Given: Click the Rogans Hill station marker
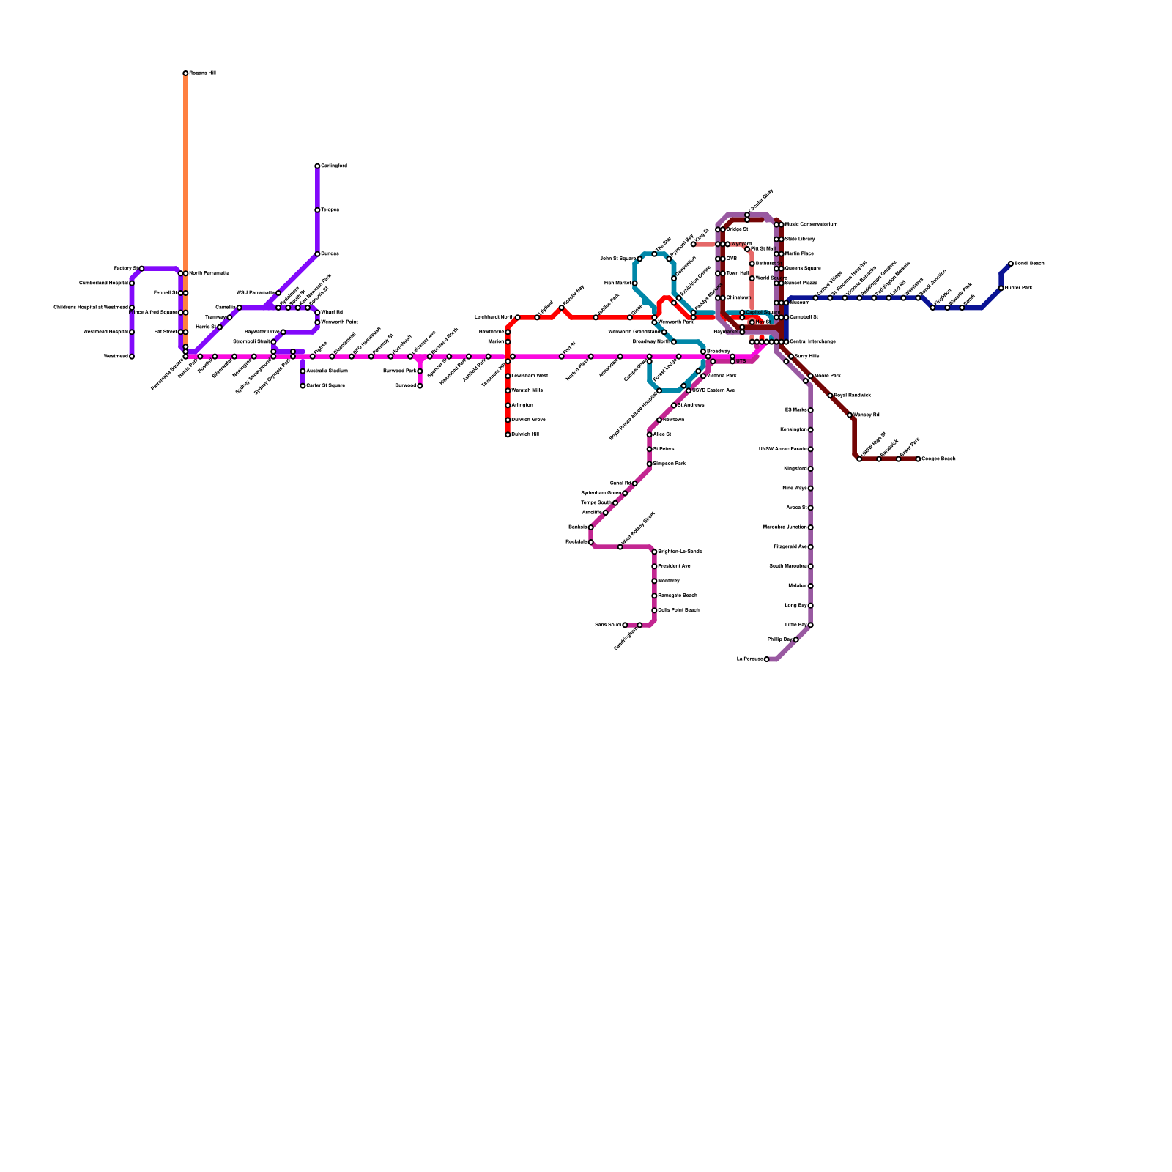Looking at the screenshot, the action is pos(185,73).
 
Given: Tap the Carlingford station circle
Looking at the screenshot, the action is pos(317,166).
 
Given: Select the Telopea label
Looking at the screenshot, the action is pos(330,210).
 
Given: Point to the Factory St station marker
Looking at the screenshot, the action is pos(141,269).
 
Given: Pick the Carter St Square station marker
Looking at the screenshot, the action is pos(303,386).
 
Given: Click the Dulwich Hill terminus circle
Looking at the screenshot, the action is pos(508,434).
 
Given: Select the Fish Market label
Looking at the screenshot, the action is pos(617,283).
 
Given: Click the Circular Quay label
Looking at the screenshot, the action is pos(762,201).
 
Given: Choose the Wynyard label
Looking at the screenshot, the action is pos(741,244).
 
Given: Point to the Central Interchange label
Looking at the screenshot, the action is pos(812,342).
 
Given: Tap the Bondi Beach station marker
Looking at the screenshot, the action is pos(1011,264).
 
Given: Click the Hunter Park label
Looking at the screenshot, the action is pos(1019,288).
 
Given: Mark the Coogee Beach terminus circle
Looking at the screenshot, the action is pos(918,459).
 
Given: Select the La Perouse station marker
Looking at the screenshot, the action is pos(767,659).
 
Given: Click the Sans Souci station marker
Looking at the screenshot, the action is pos(625,625).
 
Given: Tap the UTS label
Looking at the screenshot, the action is pos(741,361).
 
